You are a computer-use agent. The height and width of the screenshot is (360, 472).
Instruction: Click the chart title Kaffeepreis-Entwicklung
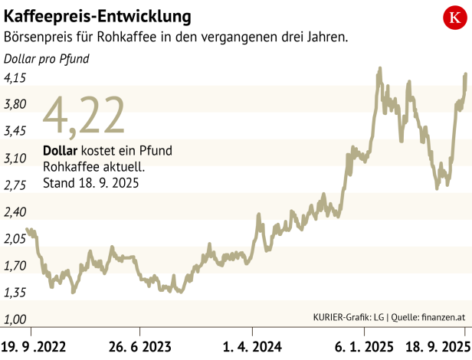click(x=98, y=15)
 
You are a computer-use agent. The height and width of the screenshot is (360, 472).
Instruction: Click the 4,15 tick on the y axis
click(x=15, y=77)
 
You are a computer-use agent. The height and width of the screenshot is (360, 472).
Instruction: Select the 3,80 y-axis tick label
click(x=15, y=104)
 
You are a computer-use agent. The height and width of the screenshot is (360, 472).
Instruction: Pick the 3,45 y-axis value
click(x=15, y=131)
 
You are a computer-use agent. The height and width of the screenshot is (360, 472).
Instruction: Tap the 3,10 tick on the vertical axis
click(x=15, y=158)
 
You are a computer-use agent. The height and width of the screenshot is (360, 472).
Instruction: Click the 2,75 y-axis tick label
click(x=15, y=185)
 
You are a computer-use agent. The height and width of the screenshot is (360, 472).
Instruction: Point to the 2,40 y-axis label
click(x=15, y=211)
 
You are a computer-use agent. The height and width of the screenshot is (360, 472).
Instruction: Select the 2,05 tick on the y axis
click(x=15, y=238)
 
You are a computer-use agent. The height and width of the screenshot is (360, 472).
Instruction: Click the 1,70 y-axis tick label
click(x=15, y=266)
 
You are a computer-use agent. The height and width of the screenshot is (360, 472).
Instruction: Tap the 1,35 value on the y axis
click(x=15, y=293)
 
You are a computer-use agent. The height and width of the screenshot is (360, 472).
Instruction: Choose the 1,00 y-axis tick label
click(x=15, y=319)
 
